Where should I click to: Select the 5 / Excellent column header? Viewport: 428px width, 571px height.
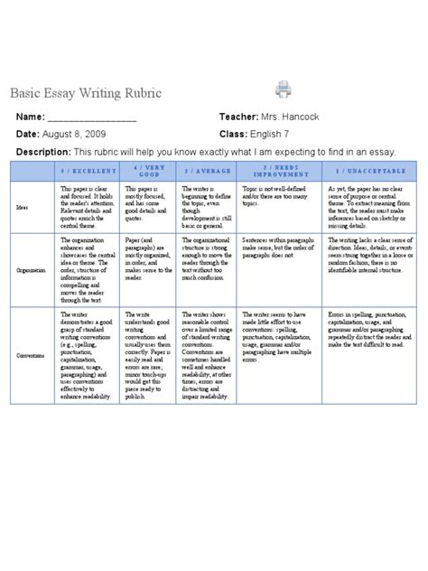click(x=87, y=170)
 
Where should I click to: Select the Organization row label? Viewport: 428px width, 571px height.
click(x=31, y=267)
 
